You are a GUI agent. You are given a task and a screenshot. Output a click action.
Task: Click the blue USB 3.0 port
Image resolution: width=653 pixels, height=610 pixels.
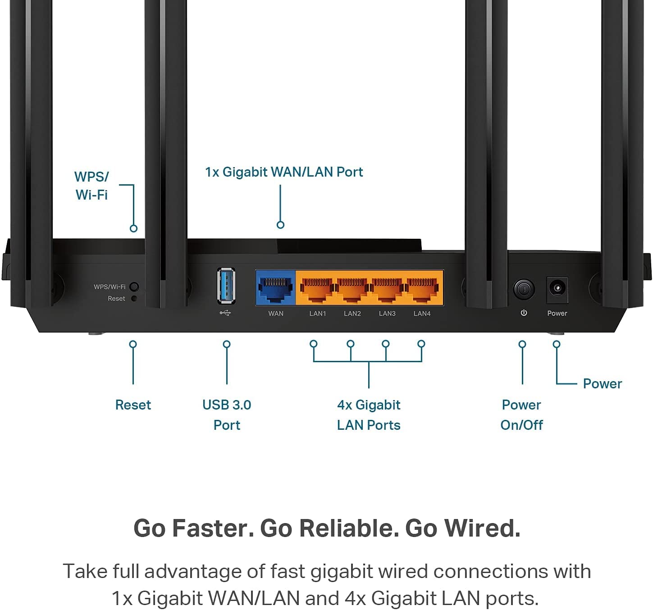pos(226,285)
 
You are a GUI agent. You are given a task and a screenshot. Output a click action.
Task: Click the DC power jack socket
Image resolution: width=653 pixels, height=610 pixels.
pos(557,288)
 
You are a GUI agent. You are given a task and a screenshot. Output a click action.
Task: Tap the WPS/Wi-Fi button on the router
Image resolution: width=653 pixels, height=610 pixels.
pos(134,287)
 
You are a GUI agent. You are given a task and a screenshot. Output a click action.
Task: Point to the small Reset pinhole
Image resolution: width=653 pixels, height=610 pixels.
pos(134,298)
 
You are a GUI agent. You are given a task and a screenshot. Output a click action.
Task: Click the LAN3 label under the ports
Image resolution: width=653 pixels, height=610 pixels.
pos(387,314)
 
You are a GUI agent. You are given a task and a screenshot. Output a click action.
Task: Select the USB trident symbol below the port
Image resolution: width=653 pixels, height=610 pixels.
pos(225,313)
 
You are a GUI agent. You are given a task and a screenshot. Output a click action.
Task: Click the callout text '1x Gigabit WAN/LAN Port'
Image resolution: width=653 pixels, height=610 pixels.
pos(284,172)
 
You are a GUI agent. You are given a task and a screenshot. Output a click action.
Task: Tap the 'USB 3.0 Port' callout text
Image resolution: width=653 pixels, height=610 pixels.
pos(227,414)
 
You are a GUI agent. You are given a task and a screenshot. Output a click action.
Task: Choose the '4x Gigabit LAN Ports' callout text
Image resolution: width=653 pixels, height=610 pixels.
pos(369,414)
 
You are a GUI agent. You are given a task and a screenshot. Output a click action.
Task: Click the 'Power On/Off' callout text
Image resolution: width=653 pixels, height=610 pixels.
pos(521,414)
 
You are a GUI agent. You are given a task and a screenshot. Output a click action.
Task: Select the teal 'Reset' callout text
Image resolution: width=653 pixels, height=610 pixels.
pos(133,405)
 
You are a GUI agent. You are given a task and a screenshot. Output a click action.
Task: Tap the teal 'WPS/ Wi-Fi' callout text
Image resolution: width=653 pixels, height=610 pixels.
pos(91,186)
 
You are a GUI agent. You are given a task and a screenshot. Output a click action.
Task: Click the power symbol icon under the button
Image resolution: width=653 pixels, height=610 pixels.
pos(524,313)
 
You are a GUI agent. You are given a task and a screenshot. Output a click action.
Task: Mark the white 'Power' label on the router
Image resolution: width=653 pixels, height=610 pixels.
pos(557,314)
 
